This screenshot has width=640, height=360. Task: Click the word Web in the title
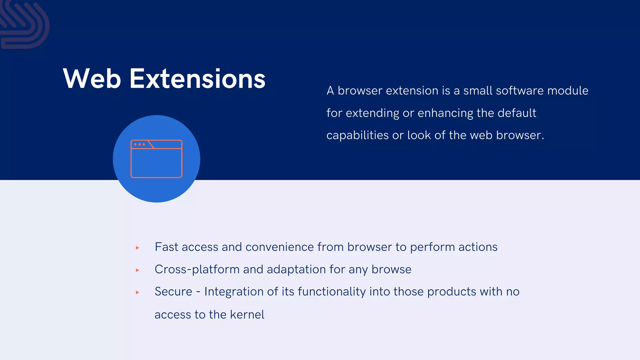click(92, 79)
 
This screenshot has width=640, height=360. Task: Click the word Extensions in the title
click(197, 79)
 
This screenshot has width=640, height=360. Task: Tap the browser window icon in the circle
click(156, 159)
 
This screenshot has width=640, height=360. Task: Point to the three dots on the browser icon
click(139, 144)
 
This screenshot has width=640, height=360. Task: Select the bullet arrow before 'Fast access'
click(137, 248)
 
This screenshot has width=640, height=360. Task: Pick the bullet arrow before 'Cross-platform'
click(137, 270)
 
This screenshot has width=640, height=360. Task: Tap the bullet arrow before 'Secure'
click(137, 292)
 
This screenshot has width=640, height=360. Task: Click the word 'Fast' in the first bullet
click(167, 247)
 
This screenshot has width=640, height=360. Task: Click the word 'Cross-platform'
click(197, 269)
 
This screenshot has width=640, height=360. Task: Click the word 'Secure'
click(173, 292)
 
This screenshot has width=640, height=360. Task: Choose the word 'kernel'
click(247, 314)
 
